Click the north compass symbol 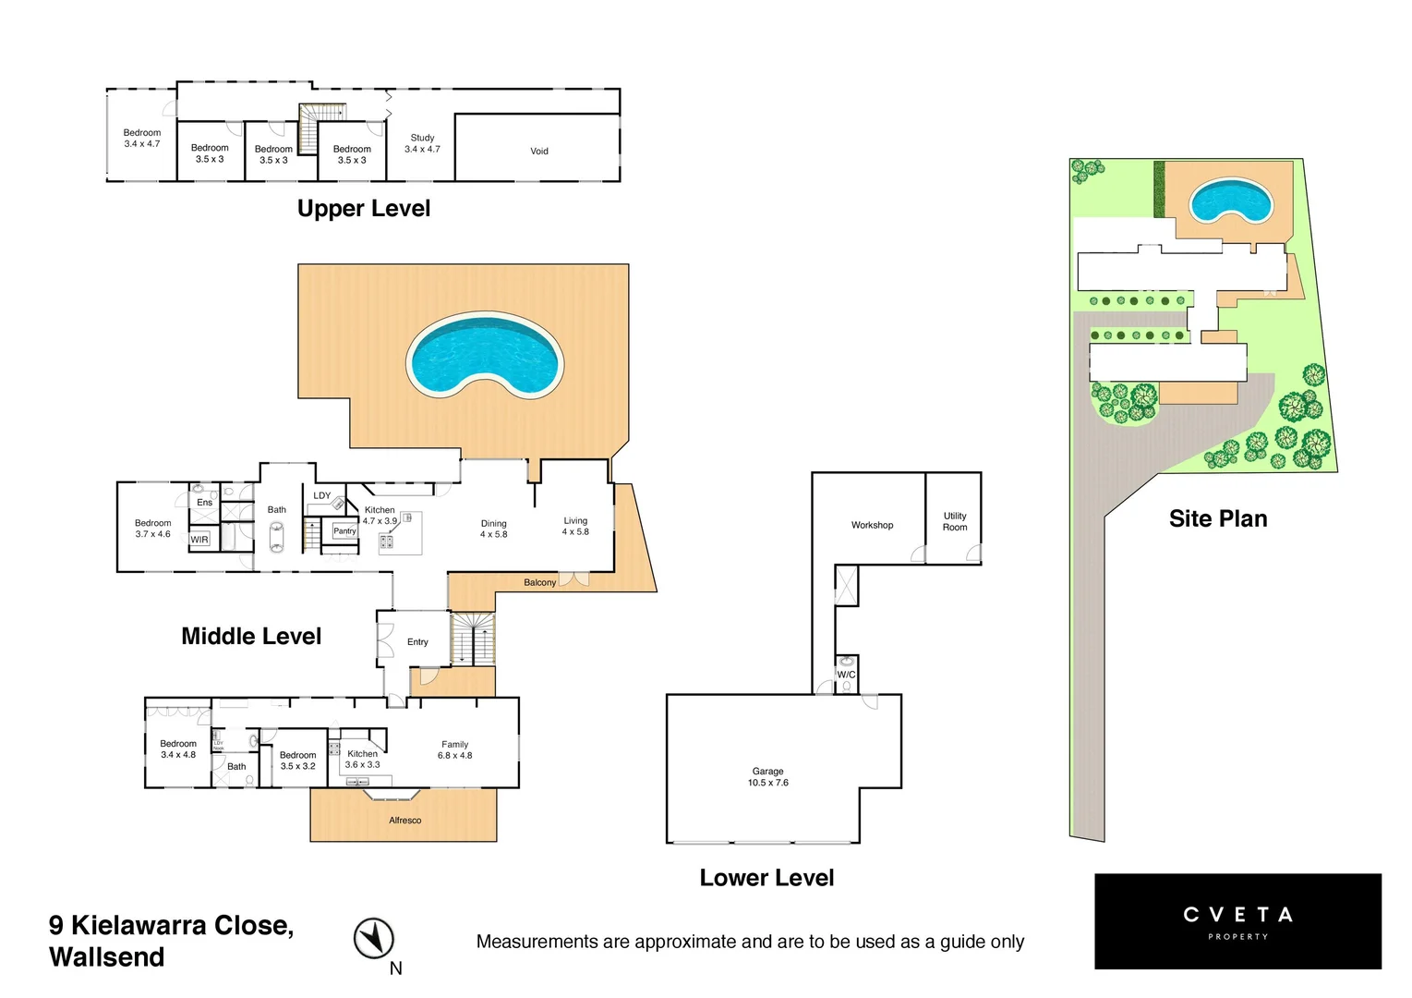pyautogui.click(x=374, y=939)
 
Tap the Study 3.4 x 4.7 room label pyautogui.click(x=422, y=143)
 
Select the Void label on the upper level pyautogui.click(x=539, y=151)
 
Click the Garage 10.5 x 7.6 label pyautogui.click(x=767, y=777)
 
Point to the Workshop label pyautogui.click(x=872, y=525)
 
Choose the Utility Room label pyautogui.click(x=955, y=522)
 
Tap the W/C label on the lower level pyautogui.click(x=846, y=675)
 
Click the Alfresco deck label pyautogui.click(x=404, y=821)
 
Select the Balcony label pyautogui.click(x=539, y=582)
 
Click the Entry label pyautogui.click(x=417, y=641)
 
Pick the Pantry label pyautogui.click(x=344, y=531)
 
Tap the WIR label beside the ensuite pyautogui.click(x=199, y=539)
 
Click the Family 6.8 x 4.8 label pyautogui.click(x=454, y=749)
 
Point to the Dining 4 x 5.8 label pyautogui.click(x=493, y=529)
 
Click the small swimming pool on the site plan pyautogui.click(x=1229, y=201)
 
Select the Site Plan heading pyautogui.click(x=1217, y=518)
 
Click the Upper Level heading pyautogui.click(x=363, y=209)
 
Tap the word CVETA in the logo pyautogui.click(x=1237, y=915)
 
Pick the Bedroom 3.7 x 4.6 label pyautogui.click(x=152, y=529)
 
